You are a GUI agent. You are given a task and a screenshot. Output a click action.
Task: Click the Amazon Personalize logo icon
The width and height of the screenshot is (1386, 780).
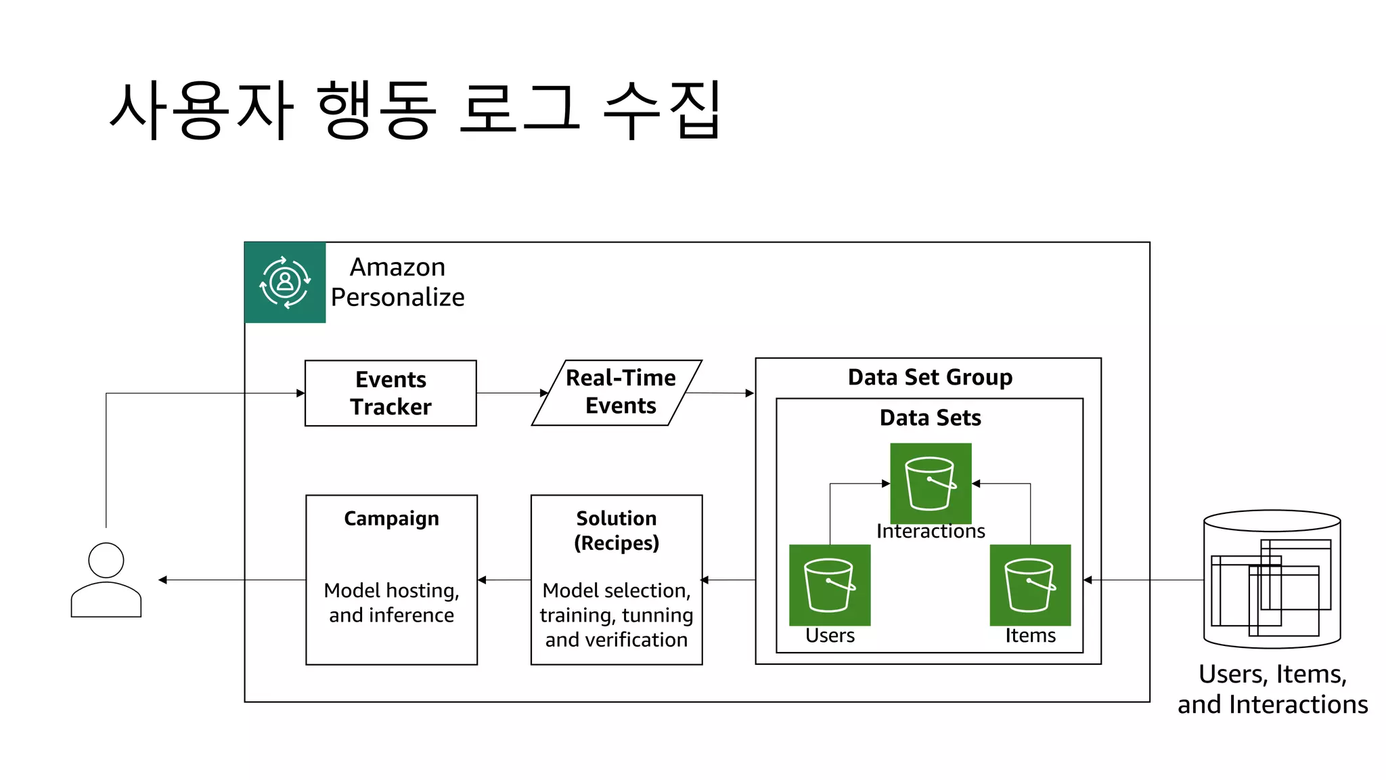click(x=285, y=282)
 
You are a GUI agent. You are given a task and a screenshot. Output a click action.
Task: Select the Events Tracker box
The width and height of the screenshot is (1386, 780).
click(x=390, y=393)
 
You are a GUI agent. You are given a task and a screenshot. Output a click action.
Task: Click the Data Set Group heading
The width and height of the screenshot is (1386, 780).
click(x=930, y=377)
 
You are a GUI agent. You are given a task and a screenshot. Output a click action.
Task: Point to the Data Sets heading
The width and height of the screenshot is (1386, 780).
click(x=930, y=418)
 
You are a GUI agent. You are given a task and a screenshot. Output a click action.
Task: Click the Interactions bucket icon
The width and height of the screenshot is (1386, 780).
click(x=931, y=483)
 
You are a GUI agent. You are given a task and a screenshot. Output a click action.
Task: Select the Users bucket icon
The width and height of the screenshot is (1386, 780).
click(x=830, y=585)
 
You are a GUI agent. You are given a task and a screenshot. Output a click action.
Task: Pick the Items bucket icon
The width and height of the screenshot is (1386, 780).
click(x=1030, y=585)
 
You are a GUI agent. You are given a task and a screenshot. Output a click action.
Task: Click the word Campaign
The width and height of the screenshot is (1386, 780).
click(x=391, y=519)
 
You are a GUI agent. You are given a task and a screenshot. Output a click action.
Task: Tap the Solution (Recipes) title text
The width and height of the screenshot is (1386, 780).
click(x=617, y=530)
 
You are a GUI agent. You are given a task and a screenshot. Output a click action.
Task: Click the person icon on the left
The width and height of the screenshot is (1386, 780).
click(x=106, y=580)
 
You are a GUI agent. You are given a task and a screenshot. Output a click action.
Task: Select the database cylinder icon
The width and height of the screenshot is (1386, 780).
click(x=1272, y=580)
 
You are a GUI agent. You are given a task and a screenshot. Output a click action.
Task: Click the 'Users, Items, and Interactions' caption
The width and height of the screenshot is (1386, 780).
click(x=1272, y=689)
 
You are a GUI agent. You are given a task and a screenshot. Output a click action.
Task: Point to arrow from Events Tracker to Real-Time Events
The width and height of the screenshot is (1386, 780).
click(x=512, y=393)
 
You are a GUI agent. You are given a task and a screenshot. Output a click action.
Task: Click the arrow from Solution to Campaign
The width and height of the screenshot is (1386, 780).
click(x=504, y=580)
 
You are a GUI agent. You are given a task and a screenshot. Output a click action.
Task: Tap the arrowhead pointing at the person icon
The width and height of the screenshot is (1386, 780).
click(x=162, y=580)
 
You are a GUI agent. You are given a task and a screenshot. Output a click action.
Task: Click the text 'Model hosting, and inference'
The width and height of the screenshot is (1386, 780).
click(x=391, y=603)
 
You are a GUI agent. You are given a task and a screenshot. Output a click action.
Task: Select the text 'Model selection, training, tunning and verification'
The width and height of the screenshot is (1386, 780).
click(x=617, y=615)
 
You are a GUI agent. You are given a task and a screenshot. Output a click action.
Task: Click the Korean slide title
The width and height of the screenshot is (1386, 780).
click(x=415, y=110)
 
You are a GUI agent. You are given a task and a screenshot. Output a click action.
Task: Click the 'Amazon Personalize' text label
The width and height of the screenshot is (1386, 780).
click(x=398, y=282)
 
